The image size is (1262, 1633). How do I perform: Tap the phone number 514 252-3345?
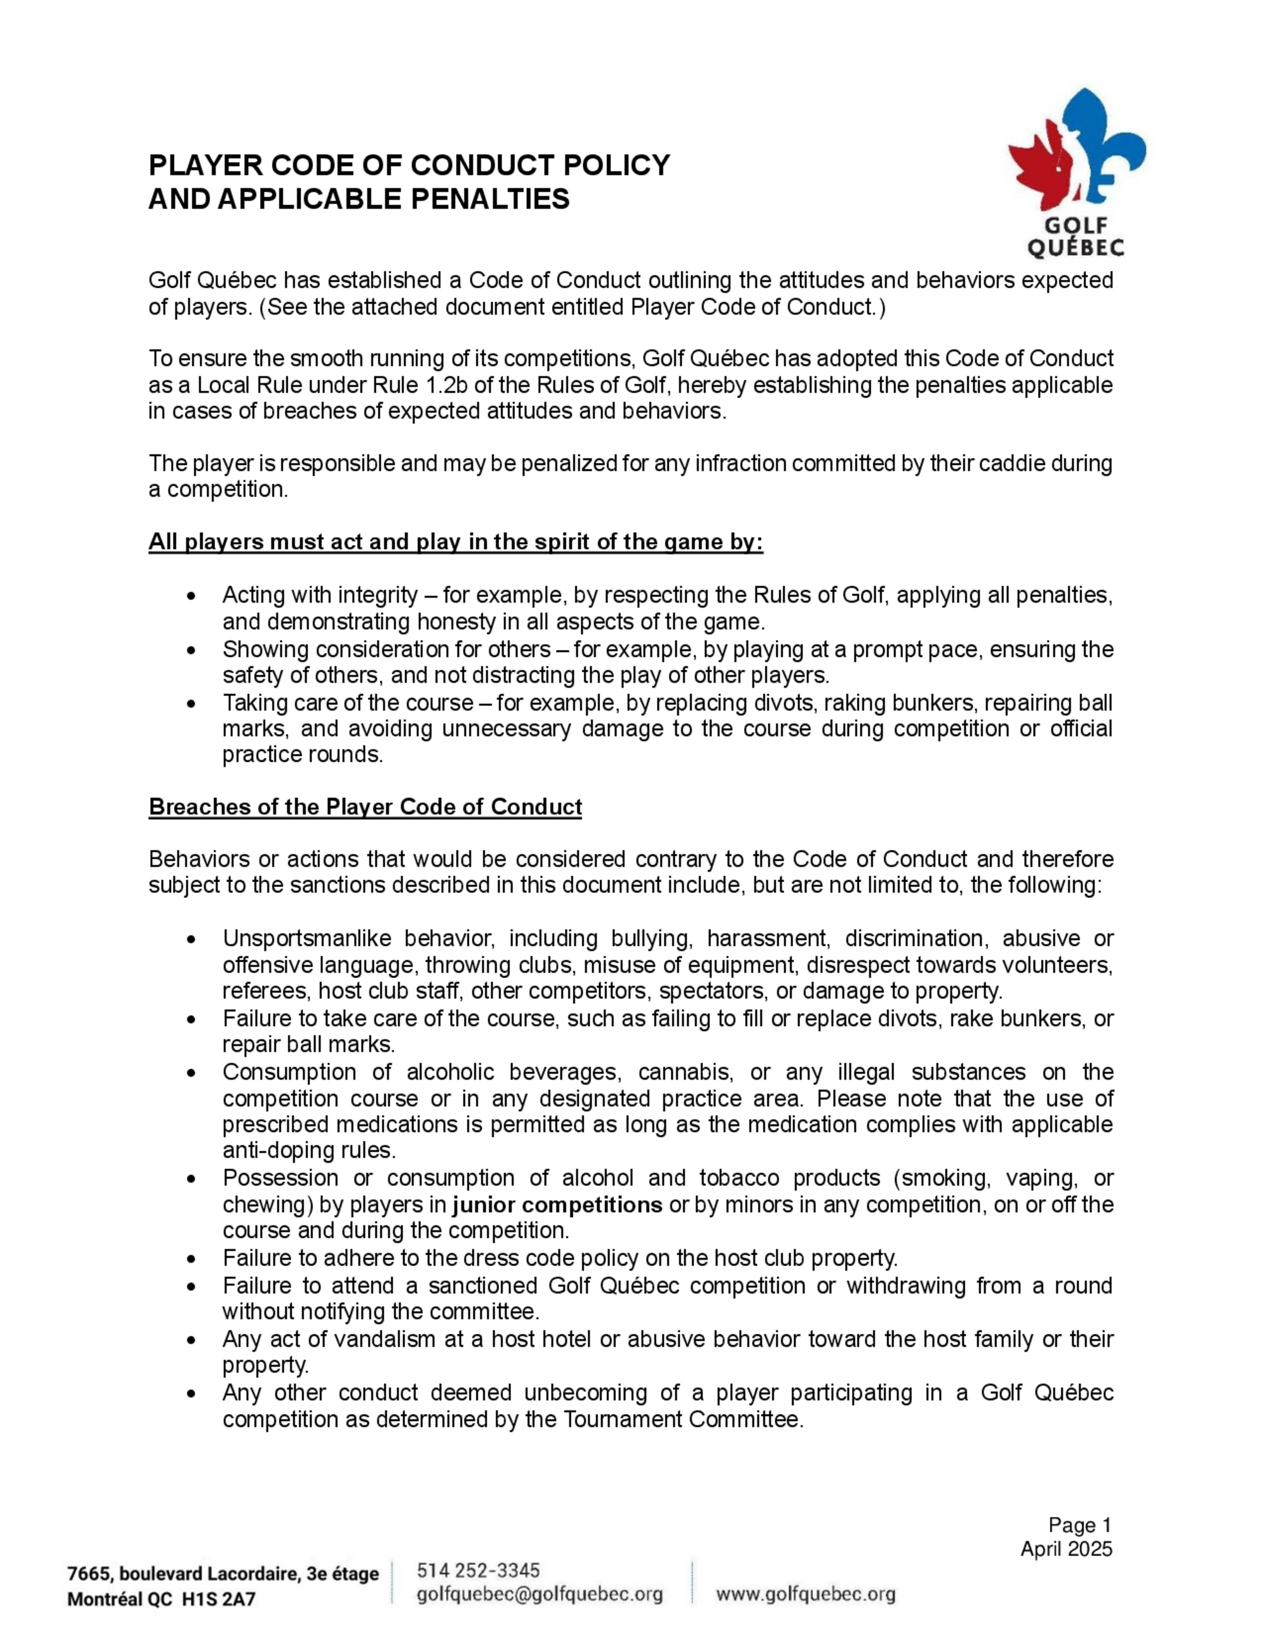478,1569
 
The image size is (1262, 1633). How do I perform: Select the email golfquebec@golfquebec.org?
539,1594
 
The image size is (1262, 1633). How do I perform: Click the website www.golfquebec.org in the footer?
805,1594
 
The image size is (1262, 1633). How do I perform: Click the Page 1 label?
1080,1525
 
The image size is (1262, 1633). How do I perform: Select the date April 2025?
1066,1548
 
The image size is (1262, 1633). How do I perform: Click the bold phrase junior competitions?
557,1205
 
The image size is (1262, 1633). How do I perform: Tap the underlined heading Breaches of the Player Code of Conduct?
365,807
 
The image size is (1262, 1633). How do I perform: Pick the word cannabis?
684,1072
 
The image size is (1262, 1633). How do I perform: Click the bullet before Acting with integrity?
192,596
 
